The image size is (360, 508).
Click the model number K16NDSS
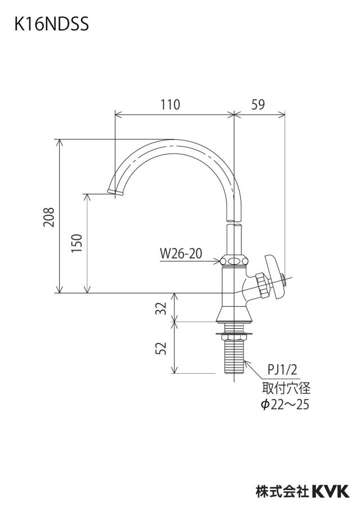tap(51, 24)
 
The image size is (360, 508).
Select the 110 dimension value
tap(170, 105)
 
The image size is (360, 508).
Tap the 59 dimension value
tap(258, 105)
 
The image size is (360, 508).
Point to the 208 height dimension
tap(48, 217)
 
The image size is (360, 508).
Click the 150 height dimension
tap(77, 243)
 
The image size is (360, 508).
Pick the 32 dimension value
tap(161, 308)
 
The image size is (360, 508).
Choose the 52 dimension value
tap(161, 348)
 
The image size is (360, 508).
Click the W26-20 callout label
tap(181, 253)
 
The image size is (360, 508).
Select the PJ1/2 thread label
tap(282, 369)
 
